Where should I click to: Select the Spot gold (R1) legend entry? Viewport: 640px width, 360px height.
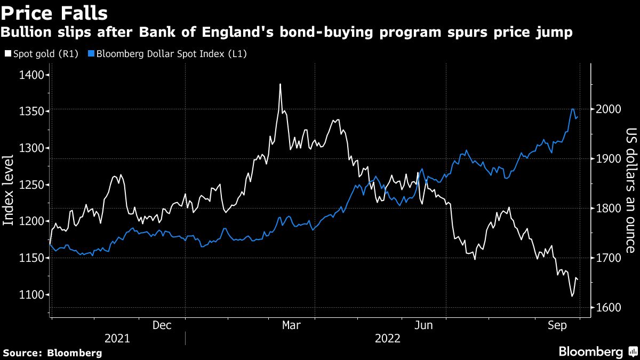coord(41,54)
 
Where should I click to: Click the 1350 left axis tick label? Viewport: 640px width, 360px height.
coord(31,111)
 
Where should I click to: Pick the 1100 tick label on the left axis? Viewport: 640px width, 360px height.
coord(31,294)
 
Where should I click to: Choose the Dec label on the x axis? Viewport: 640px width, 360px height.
coord(162,325)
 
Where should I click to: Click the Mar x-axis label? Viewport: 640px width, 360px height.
coord(291,325)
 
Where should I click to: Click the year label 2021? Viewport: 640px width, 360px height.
coord(117,338)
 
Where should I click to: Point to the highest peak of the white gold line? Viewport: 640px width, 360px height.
coord(280,84)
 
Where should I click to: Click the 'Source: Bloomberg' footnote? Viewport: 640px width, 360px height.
coord(52,353)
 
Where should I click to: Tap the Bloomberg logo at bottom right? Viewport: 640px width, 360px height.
coord(596,351)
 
